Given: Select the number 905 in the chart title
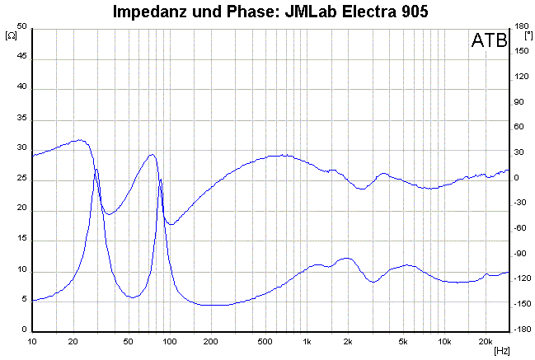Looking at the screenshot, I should tap(410, 12).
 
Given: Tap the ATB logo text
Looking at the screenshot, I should tap(489, 42).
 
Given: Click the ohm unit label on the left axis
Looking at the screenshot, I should tap(11, 35).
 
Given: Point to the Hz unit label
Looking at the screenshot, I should tap(501, 351).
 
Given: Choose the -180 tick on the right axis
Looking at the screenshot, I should tap(521, 330).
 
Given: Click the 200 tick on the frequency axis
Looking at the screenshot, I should tap(210, 340).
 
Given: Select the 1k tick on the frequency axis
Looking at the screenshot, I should tap(307, 340).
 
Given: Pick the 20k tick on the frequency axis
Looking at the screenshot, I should tap(486, 340).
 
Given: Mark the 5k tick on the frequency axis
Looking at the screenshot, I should tap(403, 340).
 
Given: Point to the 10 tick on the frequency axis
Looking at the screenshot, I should tap(32, 340).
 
